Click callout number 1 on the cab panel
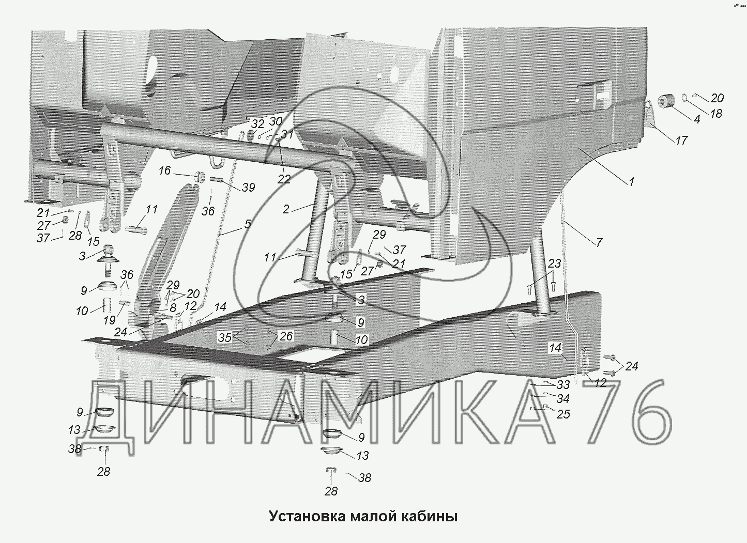click(x=631, y=182)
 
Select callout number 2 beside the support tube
click(x=286, y=209)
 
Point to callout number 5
click(x=247, y=224)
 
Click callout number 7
click(x=599, y=242)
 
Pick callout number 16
click(x=164, y=170)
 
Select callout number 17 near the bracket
click(x=682, y=140)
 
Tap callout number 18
click(x=716, y=113)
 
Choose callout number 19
click(x=110, y=320)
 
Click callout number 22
click(x=284, y=179)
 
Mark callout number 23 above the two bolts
click(x=554, y=263)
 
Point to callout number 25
click(x=563, y=414)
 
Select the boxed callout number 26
click(x=286, y=336)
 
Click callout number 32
click(x=258, y=124)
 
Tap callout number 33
click(x=563, y=385)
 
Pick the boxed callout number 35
click(x=225, y=337)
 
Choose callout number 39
click(x=249, y=188)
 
